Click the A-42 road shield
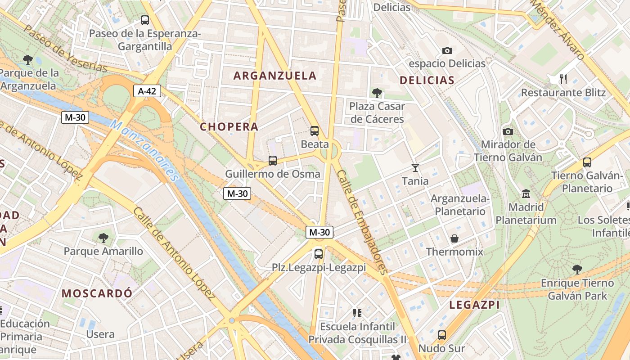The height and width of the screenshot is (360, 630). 147,91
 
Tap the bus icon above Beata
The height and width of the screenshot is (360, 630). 315,131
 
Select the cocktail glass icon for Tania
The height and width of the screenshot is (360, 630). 415,168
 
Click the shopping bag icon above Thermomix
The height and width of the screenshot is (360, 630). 454,238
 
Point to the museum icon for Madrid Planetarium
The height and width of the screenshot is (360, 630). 526,194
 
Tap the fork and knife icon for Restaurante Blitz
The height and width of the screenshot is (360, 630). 563,79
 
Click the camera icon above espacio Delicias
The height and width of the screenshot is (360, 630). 447,50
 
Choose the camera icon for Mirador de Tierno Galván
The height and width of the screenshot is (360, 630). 508,131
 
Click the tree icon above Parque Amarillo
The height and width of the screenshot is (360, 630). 103,237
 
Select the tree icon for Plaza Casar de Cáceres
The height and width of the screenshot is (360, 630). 377,93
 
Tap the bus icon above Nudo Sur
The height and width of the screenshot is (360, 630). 442,335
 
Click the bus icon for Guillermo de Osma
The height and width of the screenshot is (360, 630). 273,160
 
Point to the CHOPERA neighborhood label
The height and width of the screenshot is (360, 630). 229,127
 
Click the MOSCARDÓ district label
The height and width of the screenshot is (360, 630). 97,293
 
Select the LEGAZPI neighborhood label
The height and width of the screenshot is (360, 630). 474,305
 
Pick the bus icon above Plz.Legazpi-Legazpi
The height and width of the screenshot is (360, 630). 319,254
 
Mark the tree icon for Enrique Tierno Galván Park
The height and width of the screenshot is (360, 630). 577,270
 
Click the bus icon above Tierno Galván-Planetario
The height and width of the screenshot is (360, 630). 587,162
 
